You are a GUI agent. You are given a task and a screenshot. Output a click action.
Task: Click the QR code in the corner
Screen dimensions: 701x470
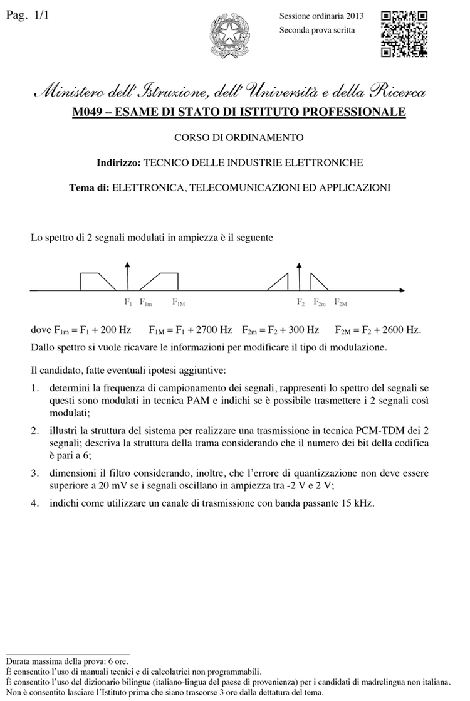point(404,34)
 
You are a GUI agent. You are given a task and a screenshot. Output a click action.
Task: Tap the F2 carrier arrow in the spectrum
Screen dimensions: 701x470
point(300,276)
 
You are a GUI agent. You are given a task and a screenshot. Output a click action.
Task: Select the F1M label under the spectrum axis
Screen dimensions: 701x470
point(179,302)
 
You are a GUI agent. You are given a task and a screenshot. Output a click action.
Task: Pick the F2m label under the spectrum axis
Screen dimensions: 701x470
point(319,302)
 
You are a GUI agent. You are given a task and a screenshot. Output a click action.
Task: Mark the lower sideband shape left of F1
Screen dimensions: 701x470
point(95,280)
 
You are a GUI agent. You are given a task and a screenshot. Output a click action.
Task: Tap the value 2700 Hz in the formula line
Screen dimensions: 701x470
point(216,330)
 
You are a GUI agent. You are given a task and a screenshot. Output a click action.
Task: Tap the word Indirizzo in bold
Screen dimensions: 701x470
point(118,162)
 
